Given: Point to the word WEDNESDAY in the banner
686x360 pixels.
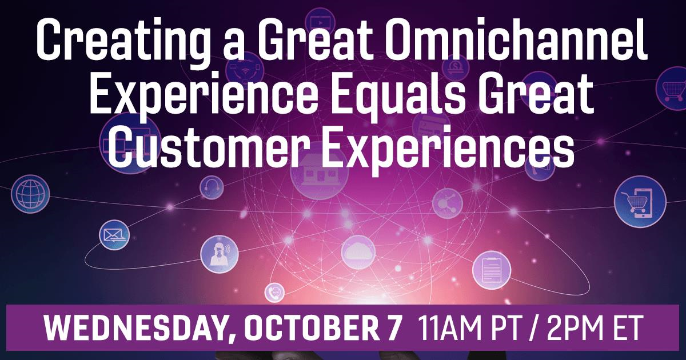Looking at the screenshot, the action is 138,328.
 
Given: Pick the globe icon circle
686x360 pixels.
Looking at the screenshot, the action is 30,194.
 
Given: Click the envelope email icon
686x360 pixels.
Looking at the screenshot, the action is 114,235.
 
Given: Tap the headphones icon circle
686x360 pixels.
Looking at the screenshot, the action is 212,187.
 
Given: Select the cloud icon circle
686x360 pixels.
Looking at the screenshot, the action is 358,252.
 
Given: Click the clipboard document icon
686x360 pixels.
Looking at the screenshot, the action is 492,270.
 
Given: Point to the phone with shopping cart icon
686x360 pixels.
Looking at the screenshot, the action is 640,202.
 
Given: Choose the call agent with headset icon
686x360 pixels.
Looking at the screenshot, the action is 220,254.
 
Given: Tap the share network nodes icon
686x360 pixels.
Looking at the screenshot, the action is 448,203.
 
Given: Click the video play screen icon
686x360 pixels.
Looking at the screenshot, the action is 320,22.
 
